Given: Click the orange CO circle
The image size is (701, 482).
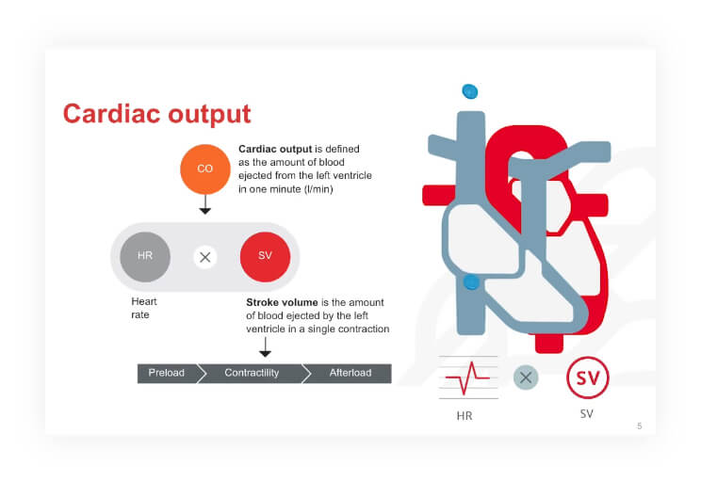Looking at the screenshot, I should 204,169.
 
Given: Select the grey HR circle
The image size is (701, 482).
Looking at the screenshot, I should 145,256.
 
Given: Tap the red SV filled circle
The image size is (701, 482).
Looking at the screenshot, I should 265,256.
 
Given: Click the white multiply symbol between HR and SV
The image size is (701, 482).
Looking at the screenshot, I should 205,256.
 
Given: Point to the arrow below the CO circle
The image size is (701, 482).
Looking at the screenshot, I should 204,206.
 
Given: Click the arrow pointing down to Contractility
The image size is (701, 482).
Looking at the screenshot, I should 265,346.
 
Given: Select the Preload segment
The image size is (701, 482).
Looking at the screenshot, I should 167,374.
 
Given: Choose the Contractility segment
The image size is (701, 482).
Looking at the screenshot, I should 252,374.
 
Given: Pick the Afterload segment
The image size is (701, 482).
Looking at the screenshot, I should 349,374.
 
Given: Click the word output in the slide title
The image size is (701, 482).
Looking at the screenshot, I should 208,114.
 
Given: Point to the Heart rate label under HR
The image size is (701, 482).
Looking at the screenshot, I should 143,309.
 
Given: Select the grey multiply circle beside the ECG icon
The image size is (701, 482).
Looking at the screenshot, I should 526,378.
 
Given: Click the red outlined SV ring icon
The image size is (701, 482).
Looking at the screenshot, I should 587,378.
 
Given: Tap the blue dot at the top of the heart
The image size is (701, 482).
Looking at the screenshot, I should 469,91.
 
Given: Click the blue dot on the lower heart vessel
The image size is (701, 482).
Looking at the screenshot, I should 470,282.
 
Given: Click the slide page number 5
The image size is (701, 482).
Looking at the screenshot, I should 639,426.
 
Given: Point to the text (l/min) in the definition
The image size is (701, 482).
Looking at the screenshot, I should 318,189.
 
